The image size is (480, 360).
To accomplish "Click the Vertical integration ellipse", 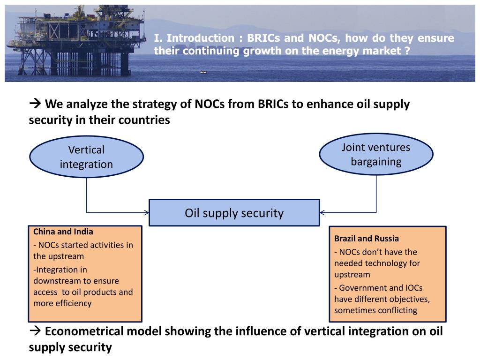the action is (x=86, y=157).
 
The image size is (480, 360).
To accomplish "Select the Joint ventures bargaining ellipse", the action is (x=376, y=154).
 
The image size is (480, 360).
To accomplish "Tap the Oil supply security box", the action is (x=234, y=213).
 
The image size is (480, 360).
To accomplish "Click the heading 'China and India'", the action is (x=63, y=232).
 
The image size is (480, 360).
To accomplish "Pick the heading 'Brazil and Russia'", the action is (x=367, y=239).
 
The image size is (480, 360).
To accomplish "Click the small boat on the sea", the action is (x=203, y=72).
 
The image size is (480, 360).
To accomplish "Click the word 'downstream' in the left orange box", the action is (x=52, y=281).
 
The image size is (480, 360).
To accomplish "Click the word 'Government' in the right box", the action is (x=361, y=288).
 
